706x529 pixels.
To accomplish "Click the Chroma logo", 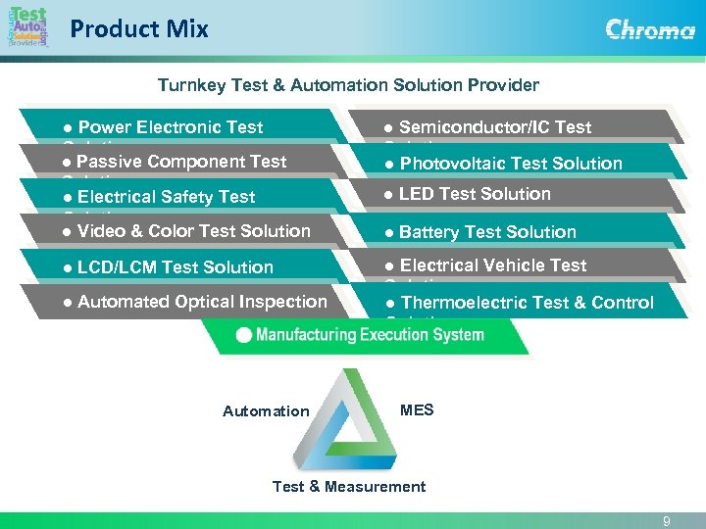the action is [649, 28].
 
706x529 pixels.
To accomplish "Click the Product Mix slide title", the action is [139, 29].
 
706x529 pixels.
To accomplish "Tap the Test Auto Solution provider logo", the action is [26, 26].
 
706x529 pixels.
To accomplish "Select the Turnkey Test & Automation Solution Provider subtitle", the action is [349, 85].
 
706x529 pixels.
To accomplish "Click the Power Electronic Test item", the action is [171, 127].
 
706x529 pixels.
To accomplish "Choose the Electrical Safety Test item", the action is [166, 197].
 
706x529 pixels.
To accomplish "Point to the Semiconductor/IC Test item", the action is [495, 127].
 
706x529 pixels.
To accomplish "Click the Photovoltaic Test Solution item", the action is [511, 164].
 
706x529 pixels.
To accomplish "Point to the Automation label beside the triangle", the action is [266, 411].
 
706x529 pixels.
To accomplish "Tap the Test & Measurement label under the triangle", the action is [349, 487].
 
